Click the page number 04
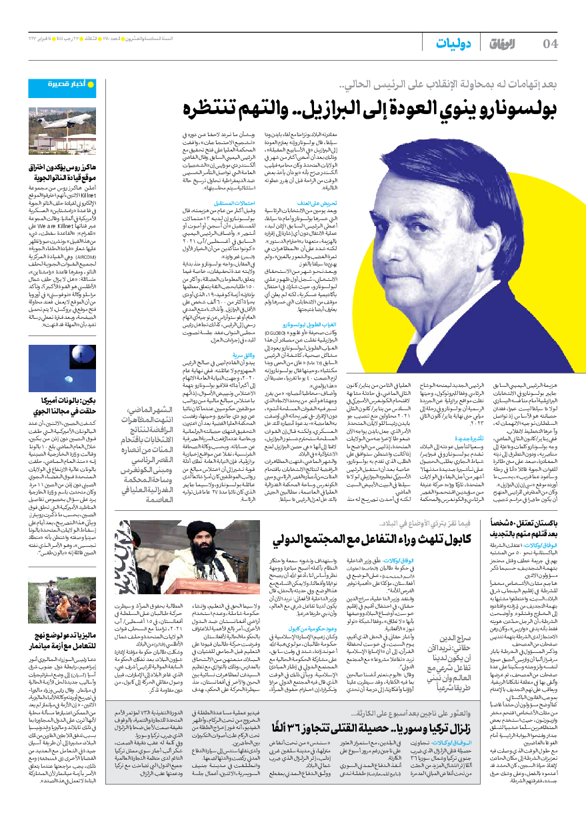coord(551,44)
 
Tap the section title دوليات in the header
coord(453,44)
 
